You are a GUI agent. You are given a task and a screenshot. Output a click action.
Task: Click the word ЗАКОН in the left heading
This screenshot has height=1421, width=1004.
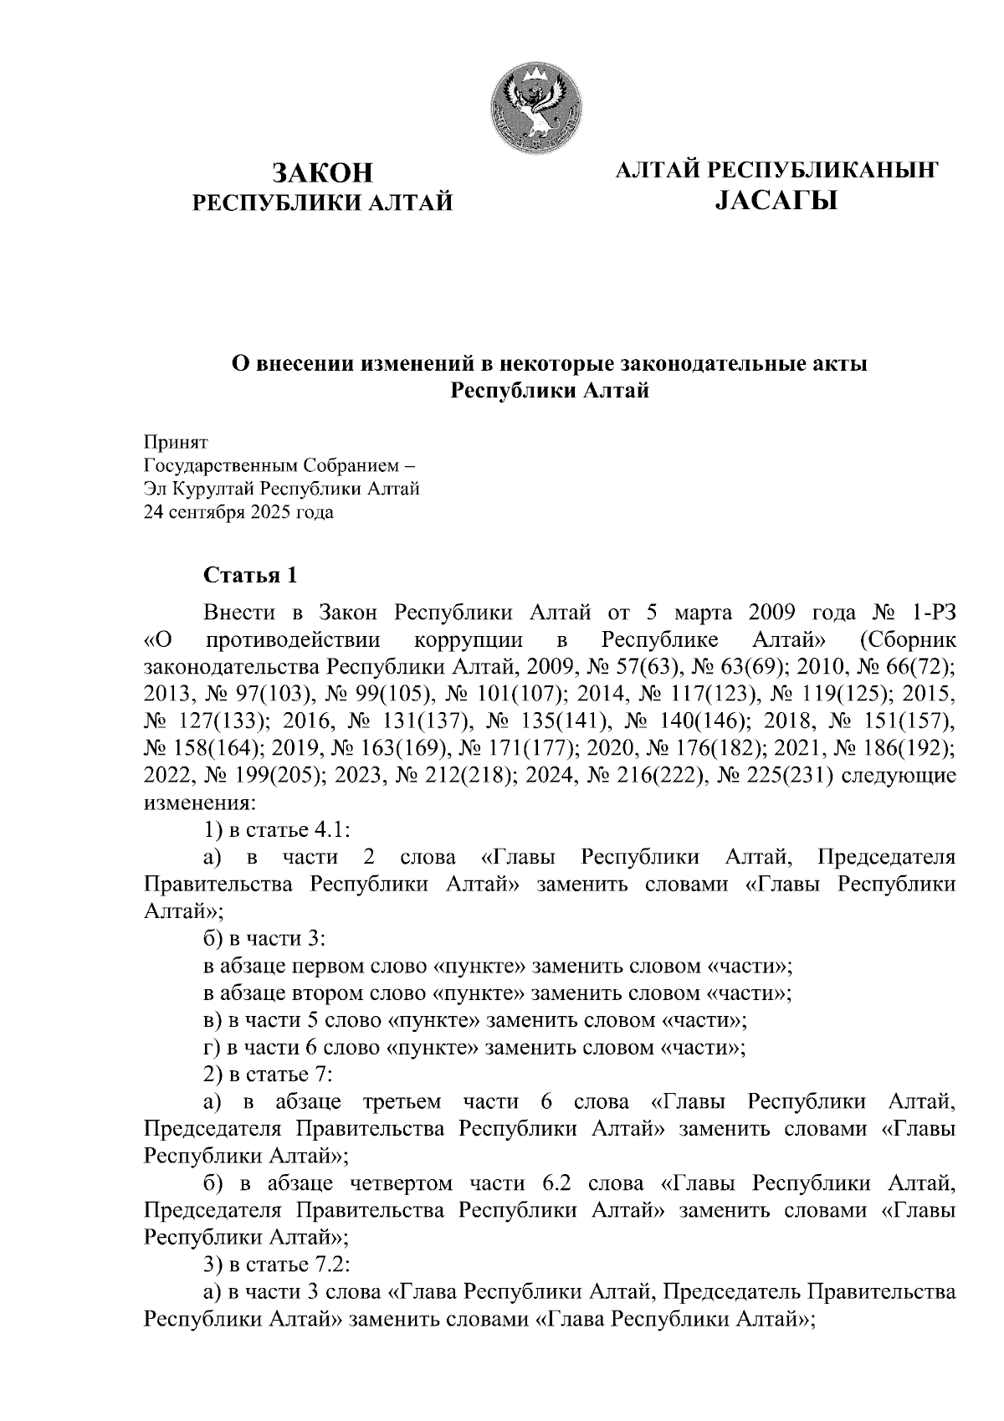tap(322, 173)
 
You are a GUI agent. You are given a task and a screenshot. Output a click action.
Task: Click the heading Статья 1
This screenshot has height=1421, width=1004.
tap(249, 576)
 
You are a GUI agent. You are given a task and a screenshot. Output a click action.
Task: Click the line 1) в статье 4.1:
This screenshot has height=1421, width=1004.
tap(276, 829)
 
